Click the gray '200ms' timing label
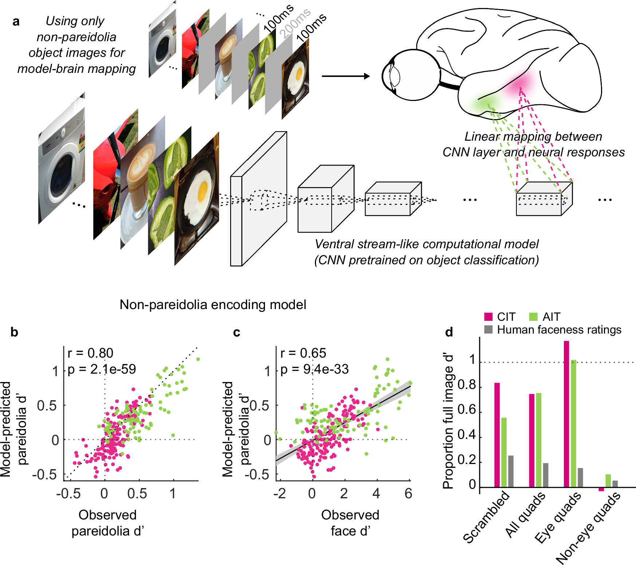[x=295, y=23]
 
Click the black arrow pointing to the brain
[x=345, y=76]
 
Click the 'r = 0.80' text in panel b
[x=90, y=353]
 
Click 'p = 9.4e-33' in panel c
[x=315, y=369]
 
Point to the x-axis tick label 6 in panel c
[x=408, y=494]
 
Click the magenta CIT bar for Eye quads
[x=566, y=414]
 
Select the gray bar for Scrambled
[x=511, y=471]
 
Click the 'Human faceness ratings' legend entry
[x=559, y=330]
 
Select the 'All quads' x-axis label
[x=525, y=514]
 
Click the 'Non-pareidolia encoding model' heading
[x=213, y=304]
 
